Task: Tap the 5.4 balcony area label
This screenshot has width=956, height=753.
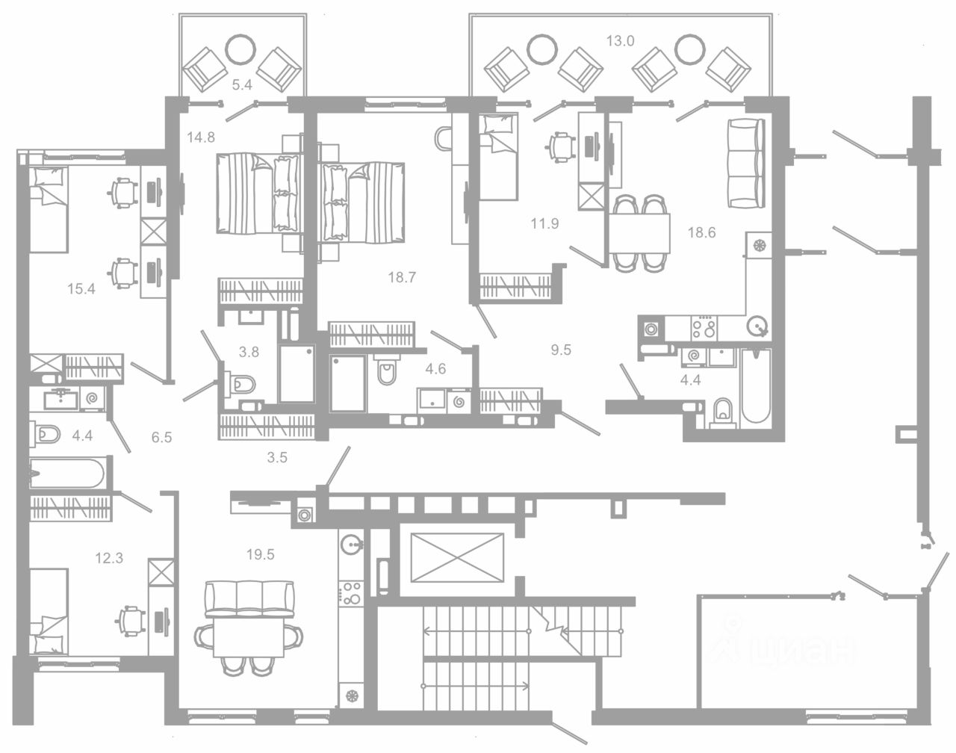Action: (241, 85)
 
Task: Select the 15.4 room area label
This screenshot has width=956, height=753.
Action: (81, 289)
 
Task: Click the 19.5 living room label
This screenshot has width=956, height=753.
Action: (260, 554)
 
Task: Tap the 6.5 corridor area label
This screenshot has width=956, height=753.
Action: (161, 437)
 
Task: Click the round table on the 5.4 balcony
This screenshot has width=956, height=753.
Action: (241, 49)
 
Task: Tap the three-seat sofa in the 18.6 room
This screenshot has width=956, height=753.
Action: (745, 164)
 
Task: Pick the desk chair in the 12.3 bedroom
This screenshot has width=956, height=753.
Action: (131, 619)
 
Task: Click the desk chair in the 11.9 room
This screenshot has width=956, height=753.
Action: (561, 144)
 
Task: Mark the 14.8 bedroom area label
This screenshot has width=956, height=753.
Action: (201, 137)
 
